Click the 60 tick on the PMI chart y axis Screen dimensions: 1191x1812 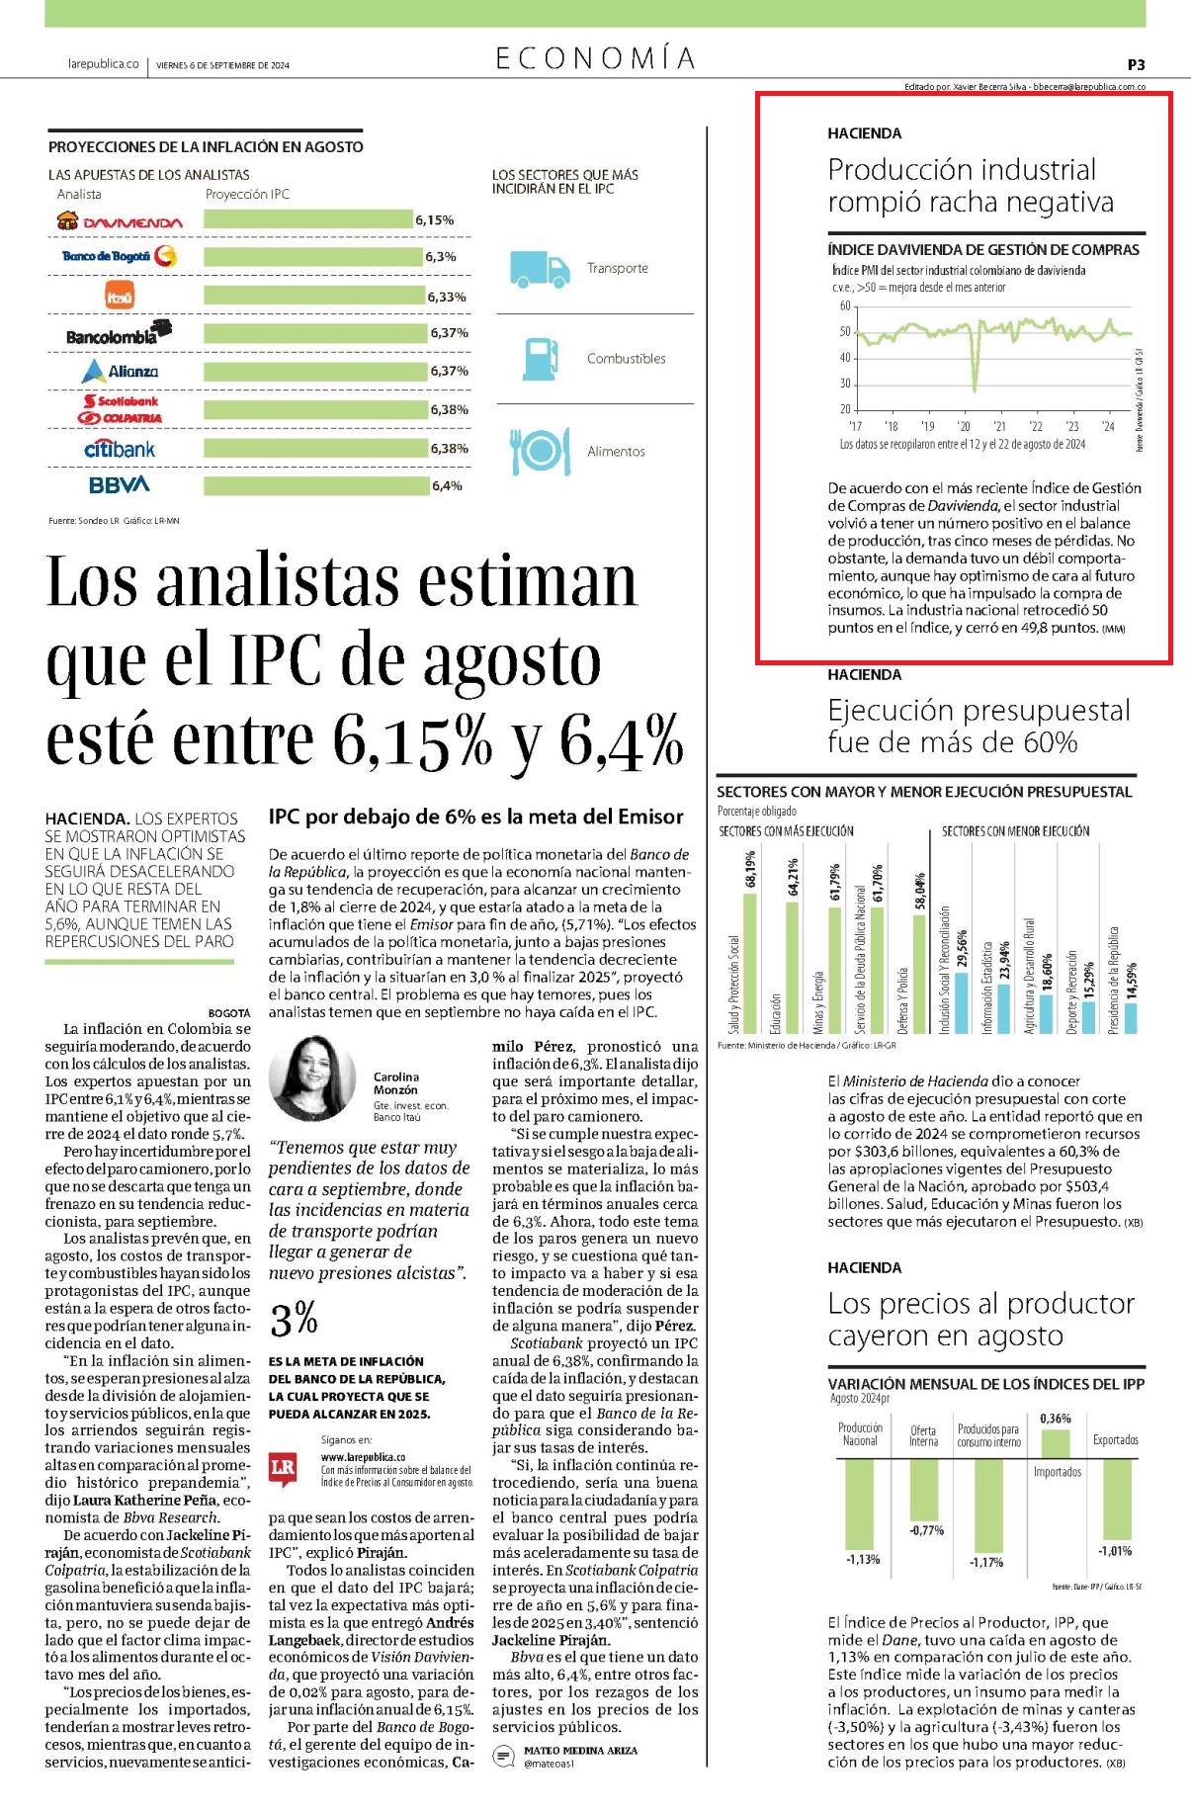click(x=845, y=306)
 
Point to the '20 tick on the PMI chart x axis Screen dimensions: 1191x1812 click(x=964, y=426)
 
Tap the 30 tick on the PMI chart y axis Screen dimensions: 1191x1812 click(x=845, y=384)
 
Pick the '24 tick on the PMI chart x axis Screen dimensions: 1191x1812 click(x=1108, y=426)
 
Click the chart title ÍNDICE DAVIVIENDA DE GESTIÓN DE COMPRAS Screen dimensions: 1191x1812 click(x=983, y=250)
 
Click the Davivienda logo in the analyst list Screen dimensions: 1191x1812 click(x=120, y=221)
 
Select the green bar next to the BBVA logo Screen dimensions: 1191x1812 click(x=317, y=485)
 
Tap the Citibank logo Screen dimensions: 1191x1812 click(x=120, y=449)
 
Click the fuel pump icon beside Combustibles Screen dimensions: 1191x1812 click(x=539, y=359)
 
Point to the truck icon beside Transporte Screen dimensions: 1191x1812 click(x=540, y=268)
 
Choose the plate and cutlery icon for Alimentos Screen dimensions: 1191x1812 click(x=540, y=451)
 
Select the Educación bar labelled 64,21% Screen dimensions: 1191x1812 click(x=792, y=968)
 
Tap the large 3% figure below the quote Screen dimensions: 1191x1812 click(x=294, y=1318)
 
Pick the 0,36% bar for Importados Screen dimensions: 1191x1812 click(x=1056, y=1443)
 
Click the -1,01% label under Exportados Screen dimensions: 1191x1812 click(x=1115, y=1550)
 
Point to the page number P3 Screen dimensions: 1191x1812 click(x=1136, y=64)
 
